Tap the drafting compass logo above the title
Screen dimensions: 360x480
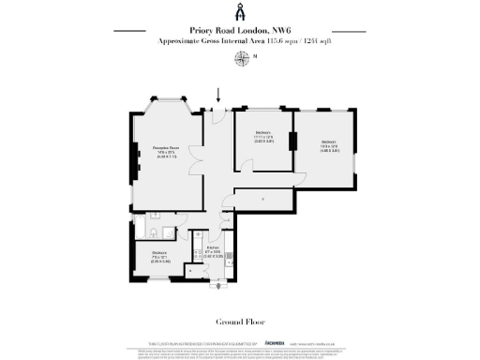pyautogui.click(x=240, y=12)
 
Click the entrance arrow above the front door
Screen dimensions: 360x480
pyautogui.click(x=220, y=94)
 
